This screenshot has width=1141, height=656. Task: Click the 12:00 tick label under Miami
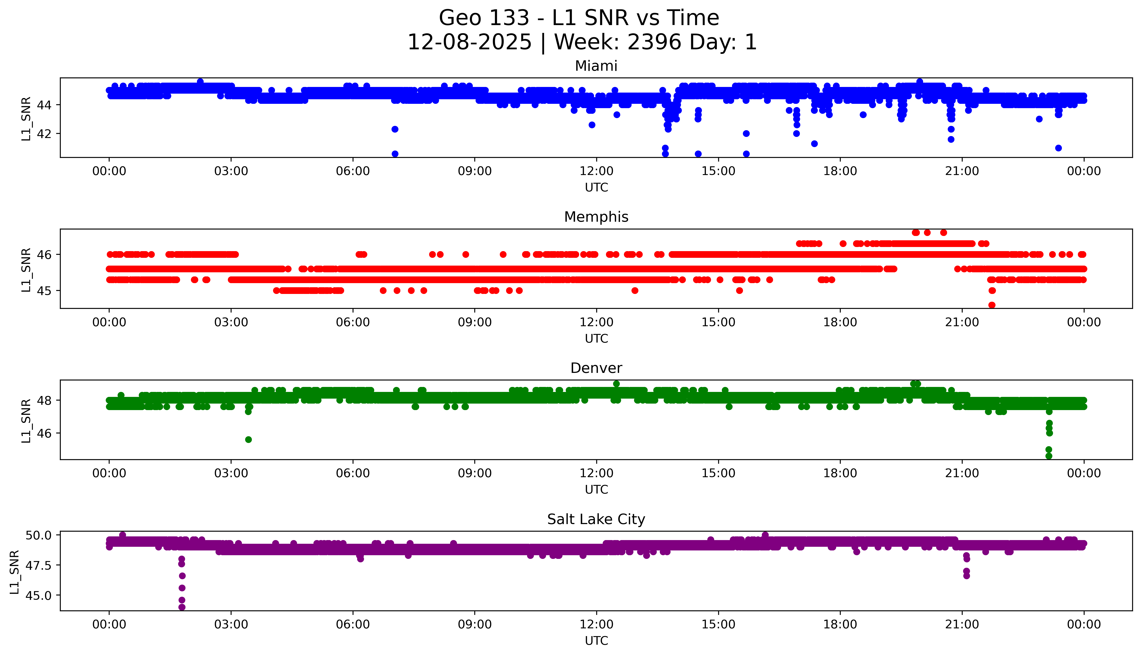click(596, 171)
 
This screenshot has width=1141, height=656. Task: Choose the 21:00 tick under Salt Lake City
click(962, 624)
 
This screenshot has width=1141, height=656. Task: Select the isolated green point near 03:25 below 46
click(248, 439)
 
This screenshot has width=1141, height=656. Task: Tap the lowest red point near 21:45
click(991, 305)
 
